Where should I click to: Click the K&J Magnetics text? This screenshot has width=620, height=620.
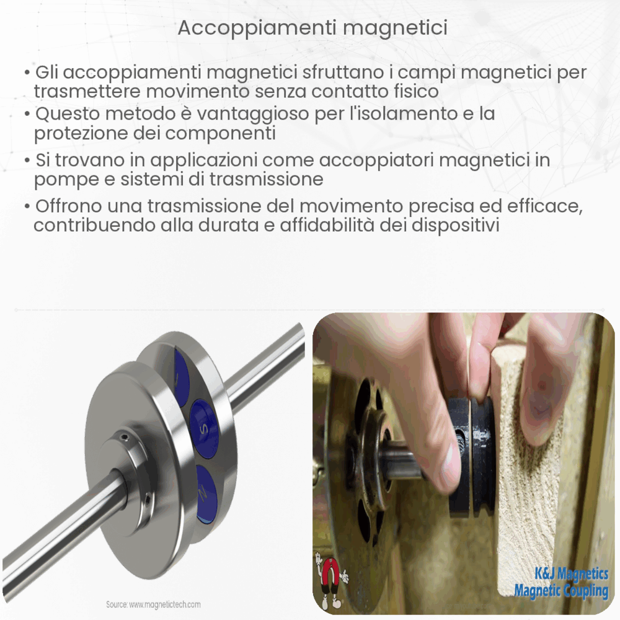click(561, 574)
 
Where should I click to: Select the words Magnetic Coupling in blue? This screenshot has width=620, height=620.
click(561, 591)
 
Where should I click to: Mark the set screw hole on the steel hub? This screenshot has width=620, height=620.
click(126, 438)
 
